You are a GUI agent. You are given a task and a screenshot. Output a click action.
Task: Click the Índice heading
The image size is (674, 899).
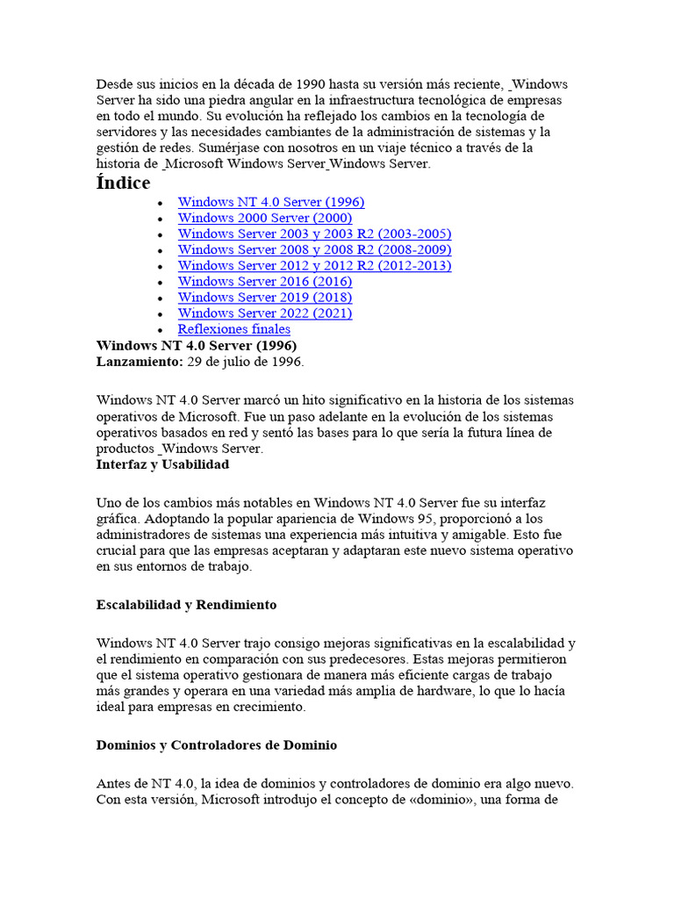point(123,183)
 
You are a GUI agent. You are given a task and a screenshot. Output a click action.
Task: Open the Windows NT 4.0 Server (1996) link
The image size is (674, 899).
point(270,202)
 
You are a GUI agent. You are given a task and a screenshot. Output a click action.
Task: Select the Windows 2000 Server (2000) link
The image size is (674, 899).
point(264,218)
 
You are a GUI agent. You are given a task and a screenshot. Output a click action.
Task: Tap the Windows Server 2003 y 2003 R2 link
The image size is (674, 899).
point(314,234)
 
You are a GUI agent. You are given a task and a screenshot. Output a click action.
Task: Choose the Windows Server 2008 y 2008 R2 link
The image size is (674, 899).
point(314,249)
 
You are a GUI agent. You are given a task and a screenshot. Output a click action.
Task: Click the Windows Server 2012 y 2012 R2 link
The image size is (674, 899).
point(314,265)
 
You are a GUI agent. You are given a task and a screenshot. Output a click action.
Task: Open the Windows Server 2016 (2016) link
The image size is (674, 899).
point(264,281)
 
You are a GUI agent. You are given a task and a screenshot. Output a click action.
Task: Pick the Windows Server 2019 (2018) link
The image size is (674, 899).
point(264,297)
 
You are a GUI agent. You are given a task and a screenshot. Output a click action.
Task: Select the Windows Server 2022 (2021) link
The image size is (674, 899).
point(264,313)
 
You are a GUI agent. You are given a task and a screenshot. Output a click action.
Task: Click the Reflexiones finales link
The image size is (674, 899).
point(233,329)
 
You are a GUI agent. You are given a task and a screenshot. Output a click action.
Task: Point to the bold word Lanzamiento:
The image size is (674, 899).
point(140,361)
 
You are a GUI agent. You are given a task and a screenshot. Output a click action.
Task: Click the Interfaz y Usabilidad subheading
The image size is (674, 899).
point(162,464)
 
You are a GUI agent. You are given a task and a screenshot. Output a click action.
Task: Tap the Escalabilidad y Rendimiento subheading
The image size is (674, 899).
point(186,605)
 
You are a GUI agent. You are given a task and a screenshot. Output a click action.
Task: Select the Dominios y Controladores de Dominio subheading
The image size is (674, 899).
point(216,744)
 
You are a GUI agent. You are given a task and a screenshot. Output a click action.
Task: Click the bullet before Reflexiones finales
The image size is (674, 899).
point(159,330)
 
